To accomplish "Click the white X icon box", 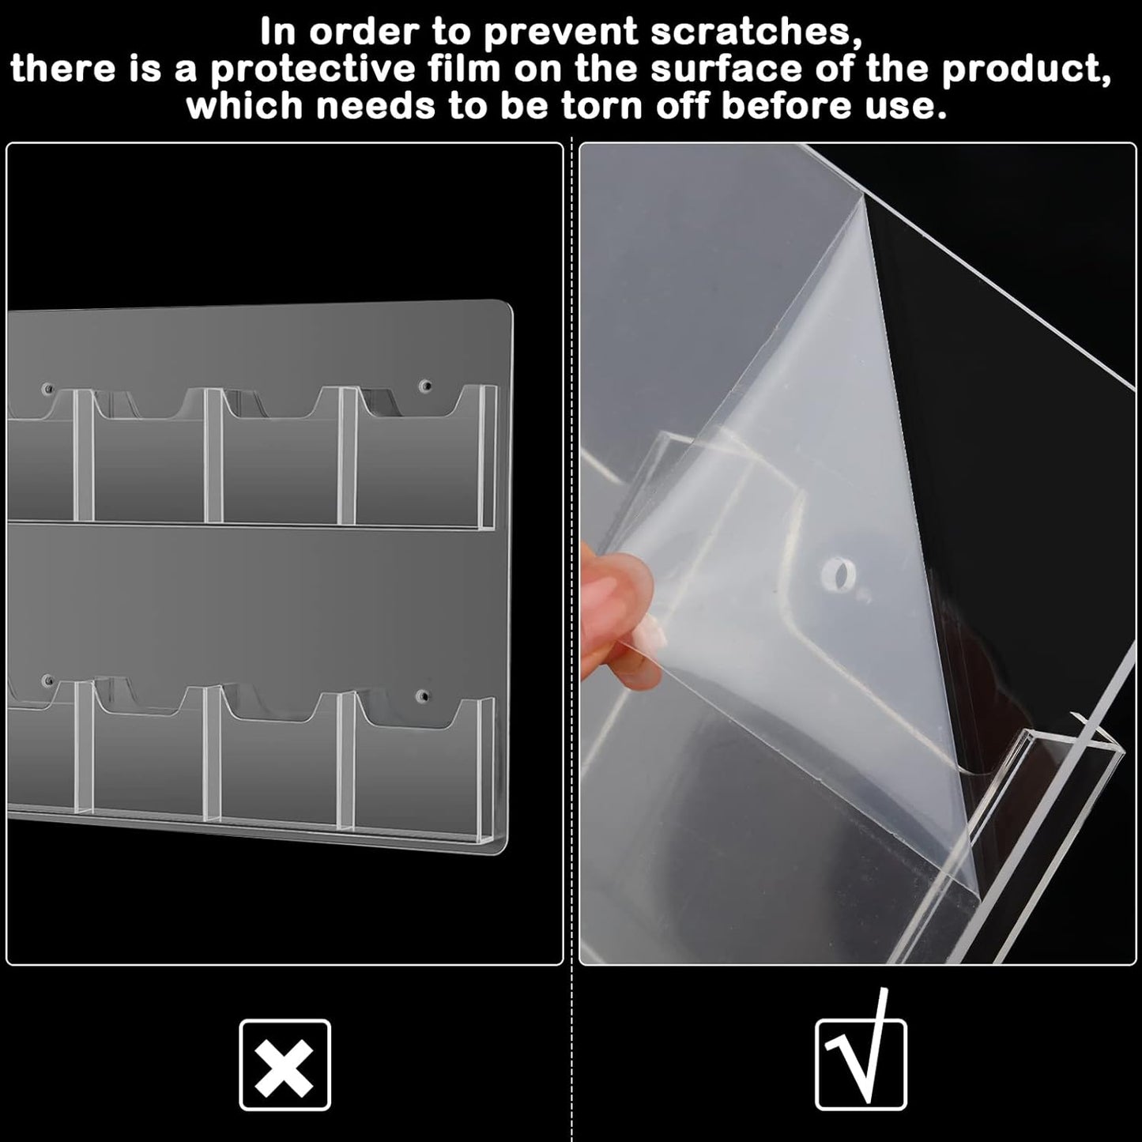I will point(285,1065).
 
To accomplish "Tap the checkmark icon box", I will point(861,1065).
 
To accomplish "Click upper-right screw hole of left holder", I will point(426,387).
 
